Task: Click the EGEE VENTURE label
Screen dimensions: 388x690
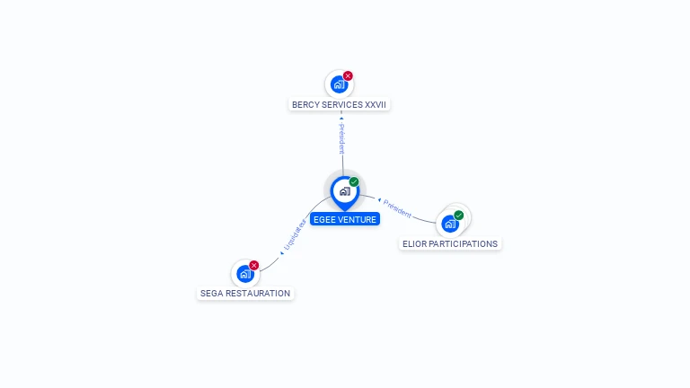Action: coord(345,219)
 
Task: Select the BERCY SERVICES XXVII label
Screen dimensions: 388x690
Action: coord(339,104)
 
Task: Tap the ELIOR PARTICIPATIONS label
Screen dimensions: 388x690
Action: coord(449,243)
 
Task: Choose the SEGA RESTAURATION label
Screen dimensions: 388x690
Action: coord(245,293)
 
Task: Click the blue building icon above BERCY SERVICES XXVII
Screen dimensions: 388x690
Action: coord(338,84)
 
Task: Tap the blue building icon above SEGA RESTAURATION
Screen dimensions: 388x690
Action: coord(244,274)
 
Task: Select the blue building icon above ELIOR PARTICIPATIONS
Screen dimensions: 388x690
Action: coord(449,224)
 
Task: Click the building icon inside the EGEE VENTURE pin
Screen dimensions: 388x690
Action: coord(344,190)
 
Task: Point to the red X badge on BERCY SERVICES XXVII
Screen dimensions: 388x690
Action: coord(348,76)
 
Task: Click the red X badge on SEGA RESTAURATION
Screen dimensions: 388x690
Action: coord(254,265)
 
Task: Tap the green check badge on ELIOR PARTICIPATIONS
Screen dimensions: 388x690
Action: coord(459,216)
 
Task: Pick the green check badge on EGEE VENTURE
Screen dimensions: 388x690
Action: coord(354,181)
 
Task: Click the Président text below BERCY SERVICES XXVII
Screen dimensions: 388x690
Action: coord(341,139)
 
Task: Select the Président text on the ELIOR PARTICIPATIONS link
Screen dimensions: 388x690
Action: coord(397,209)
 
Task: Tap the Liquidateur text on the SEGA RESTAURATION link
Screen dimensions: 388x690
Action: coord(295,233)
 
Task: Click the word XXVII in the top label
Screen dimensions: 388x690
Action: coord(374,104)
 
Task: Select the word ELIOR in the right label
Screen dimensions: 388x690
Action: coord(415,243)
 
